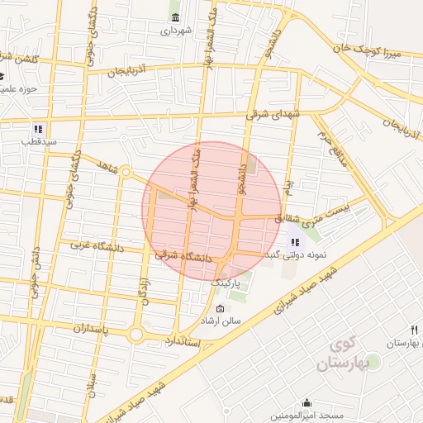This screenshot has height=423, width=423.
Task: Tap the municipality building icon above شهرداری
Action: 175,17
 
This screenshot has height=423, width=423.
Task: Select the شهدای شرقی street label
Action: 275,116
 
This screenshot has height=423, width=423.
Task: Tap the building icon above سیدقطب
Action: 38,129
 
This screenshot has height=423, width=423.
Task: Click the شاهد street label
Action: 108,167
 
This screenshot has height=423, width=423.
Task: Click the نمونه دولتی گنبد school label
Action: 296,255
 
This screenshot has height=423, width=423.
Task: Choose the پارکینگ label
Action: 230,282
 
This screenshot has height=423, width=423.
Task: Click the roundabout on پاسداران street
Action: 137,334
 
